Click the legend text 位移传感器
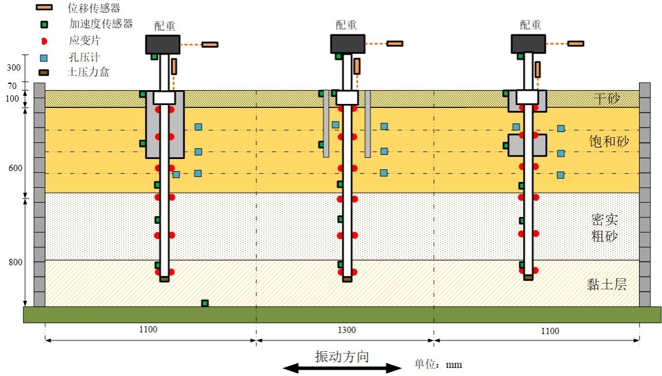tap(94, 7)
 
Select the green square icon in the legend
tap(44, 25)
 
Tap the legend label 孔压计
tap(84, 57)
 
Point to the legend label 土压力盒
tap(88, 72)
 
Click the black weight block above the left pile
tap(163, 44)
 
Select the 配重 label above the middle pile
tap(346, 25)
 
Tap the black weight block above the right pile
tap(528, 44)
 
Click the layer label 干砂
tap(607, 99)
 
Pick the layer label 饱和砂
tap(609, 141)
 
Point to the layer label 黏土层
tap(607, 285)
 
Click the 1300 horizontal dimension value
tap(347, 330)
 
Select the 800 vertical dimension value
tap(15, 262)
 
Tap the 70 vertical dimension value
tap(12, 86)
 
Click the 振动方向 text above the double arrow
tap(342, 356)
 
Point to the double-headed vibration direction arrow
tap(342, 369)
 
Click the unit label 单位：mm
tap(438, 364)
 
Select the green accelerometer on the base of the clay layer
tap(205, 303)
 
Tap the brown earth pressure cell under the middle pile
tap(347, 279)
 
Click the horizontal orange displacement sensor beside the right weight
tap(575, 44)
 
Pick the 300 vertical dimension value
tap(14, 67)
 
